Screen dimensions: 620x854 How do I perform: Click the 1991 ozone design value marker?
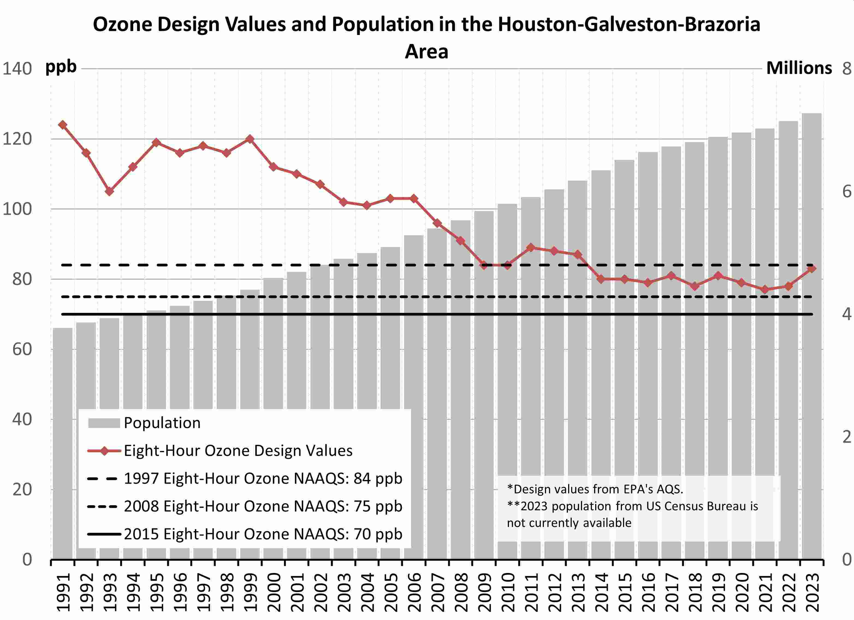tap(63, 125)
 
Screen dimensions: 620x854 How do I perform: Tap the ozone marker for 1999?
tap(250, 139)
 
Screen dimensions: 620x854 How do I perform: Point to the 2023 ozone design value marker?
tap(812, 269)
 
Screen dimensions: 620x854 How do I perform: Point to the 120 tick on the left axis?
tap(17, 139)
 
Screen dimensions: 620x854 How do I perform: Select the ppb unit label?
tap(61, 67)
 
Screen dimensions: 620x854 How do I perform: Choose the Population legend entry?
tap(162, 423)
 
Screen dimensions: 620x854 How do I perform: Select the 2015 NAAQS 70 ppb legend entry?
tap(263, 534)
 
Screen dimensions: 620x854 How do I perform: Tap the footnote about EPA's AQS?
tap(595, 489)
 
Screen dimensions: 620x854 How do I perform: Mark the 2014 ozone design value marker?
tap(601, 279)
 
